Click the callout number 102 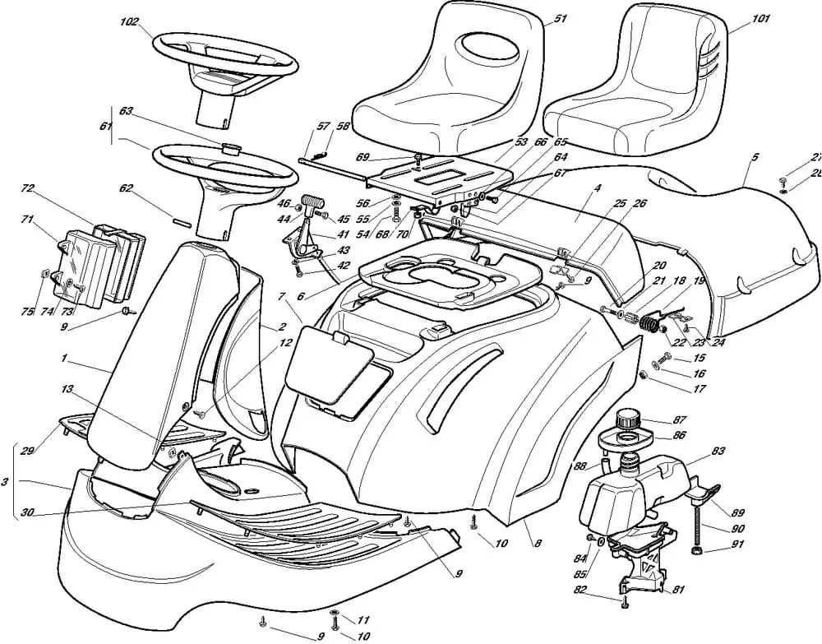[130, 23]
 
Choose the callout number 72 [27, 188]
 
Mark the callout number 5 [755, 156]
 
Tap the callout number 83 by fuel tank [718, 451]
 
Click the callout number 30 [27, 512]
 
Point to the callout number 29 [27, 451]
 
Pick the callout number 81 [679, 590]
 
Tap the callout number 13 [67, 389]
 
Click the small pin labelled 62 [182, 220]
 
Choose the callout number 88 [580, 466]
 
